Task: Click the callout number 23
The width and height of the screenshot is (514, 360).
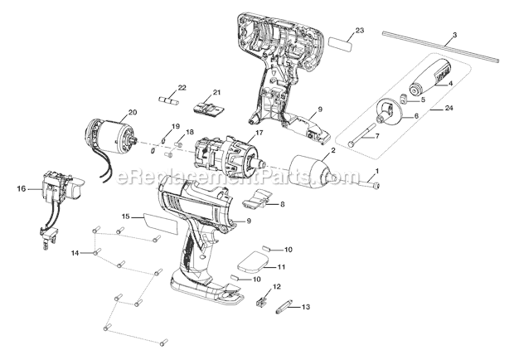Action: [359, 31]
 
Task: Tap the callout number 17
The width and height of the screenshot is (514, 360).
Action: [259, 131]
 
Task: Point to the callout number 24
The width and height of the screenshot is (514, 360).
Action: [473, 107]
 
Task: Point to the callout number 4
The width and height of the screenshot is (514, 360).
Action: [450, 83]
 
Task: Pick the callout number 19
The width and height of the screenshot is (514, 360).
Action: [175, 126]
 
